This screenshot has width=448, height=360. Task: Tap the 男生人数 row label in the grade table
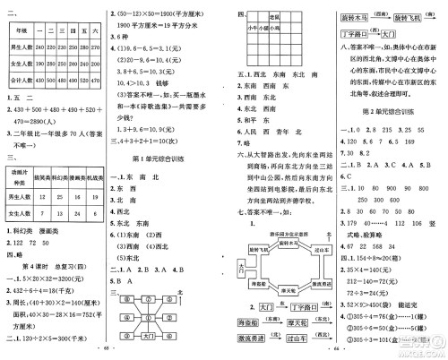[20, 41]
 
